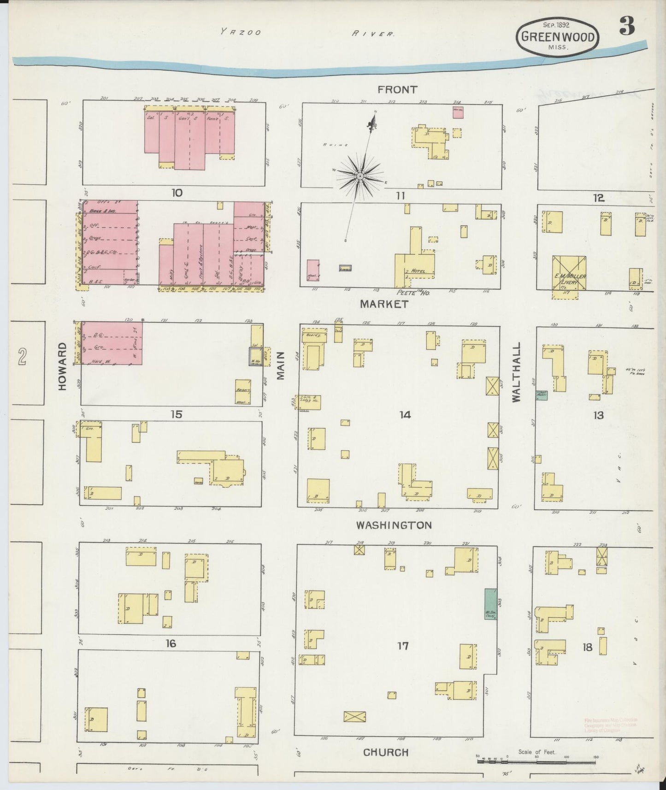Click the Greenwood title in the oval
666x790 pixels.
(x=558, y=37)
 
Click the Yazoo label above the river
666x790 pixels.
(x=240, y=32)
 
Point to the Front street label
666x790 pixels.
(x=397, y=89)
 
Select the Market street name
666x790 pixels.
(x=384, y=304)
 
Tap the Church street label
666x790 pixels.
(x=386, y=752)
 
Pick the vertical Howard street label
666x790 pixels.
(x=63, y=366)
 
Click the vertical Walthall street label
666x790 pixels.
(x=516, y=372)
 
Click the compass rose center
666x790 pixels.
(x=360, y=176)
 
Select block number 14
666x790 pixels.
(x=405, y=415)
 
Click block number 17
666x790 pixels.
(x=403, y=646)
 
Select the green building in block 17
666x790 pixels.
(x=490, y=604)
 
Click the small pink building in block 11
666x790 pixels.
(x=458, y=112)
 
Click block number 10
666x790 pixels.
(x=177, y=193)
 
